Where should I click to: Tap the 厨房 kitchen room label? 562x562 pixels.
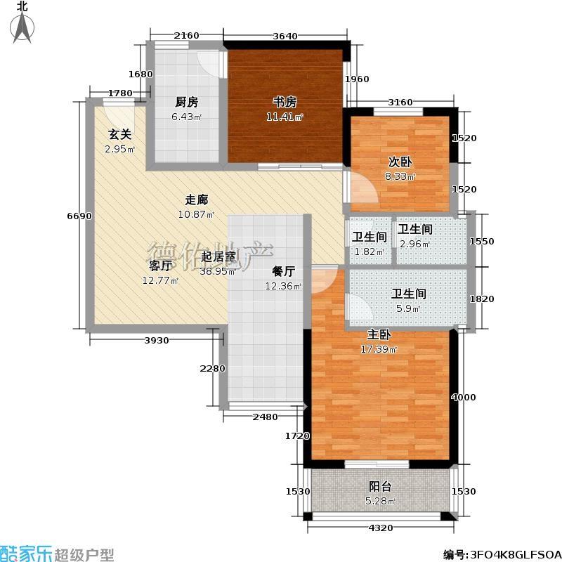click(187, 103)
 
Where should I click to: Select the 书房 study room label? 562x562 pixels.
click(285, 103)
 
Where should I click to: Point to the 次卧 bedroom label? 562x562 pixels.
click(400, 162)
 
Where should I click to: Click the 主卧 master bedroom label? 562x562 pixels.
click(379, 335)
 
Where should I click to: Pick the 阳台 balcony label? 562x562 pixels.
click(380, 486)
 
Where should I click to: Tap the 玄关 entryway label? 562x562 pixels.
click(119, 135)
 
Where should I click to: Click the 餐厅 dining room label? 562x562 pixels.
click(283, 272)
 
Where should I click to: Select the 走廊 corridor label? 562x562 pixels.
click(197, 200)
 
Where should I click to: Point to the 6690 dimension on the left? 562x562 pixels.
click(79, 216)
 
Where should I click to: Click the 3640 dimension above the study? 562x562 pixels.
click(285, 36)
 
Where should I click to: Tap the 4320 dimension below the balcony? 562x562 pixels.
click(381, 528)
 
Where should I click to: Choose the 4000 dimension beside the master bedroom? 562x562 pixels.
click(464, 397)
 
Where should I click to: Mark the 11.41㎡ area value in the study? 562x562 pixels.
click(285, 117)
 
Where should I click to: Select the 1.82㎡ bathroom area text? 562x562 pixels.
click(370, 251)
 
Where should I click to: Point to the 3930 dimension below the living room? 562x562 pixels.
click(156, 341)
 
